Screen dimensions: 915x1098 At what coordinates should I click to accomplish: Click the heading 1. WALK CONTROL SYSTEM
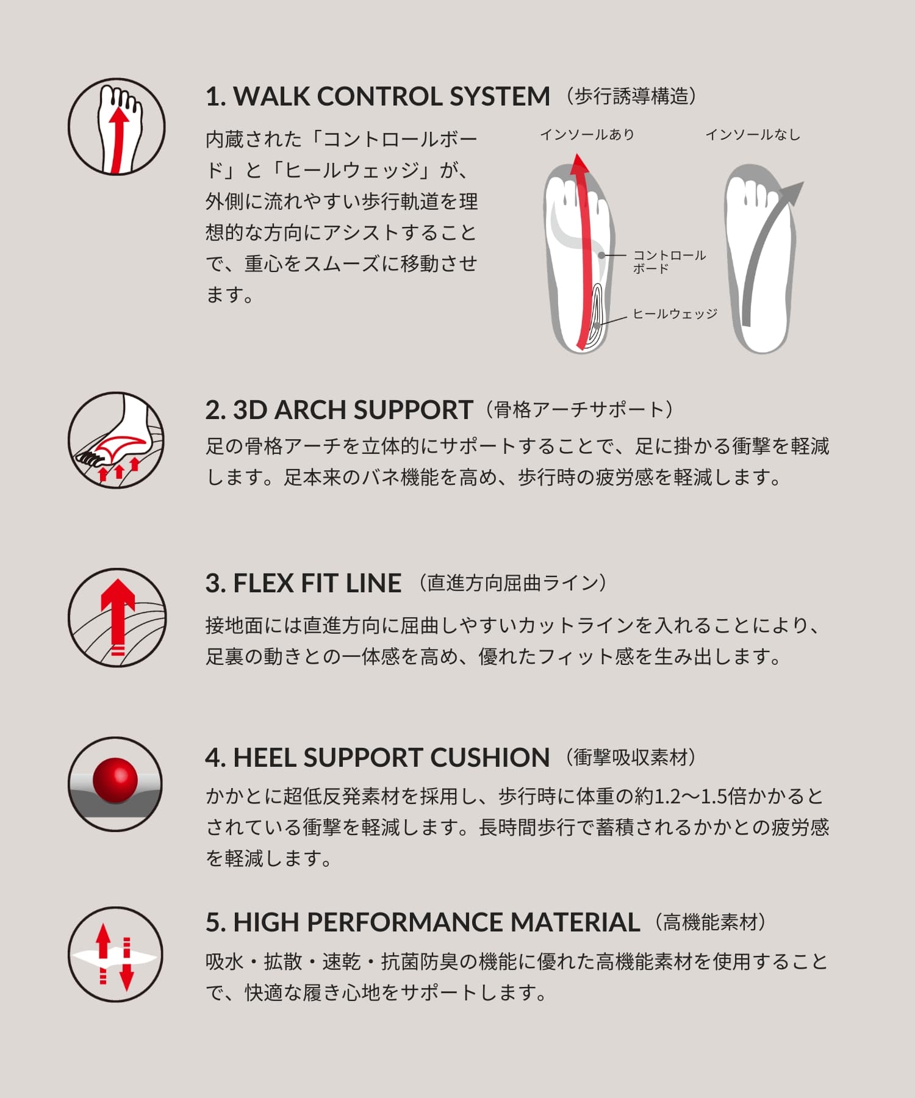tap(378, 96)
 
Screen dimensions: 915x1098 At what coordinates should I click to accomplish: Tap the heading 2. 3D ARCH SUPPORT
tap(339, 410)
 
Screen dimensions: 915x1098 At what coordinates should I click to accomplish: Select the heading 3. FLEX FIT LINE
tap(303, 583)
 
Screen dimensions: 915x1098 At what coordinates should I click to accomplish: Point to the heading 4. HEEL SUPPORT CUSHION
tap(378, 758)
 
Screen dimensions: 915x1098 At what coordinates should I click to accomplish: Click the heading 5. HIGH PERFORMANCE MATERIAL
tap(423, 922)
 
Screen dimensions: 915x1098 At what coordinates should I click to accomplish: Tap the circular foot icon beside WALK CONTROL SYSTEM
tap(117, 127)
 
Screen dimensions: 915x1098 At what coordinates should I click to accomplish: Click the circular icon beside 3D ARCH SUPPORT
tap(117, 440)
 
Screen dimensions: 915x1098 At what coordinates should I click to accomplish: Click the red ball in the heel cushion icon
tap(115, 780)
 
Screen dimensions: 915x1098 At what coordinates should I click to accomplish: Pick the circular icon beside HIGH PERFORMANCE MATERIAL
tap(115, 954)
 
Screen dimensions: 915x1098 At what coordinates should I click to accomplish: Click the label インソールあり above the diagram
tap(587, 135)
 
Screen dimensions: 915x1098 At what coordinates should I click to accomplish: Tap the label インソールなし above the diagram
tap(753, 135)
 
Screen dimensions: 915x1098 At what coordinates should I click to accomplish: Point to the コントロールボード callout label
tap(669, 262)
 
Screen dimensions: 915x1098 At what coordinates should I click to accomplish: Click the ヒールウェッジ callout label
tap(675, 314)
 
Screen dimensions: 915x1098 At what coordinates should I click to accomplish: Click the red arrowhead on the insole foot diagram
tap(580, 163)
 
